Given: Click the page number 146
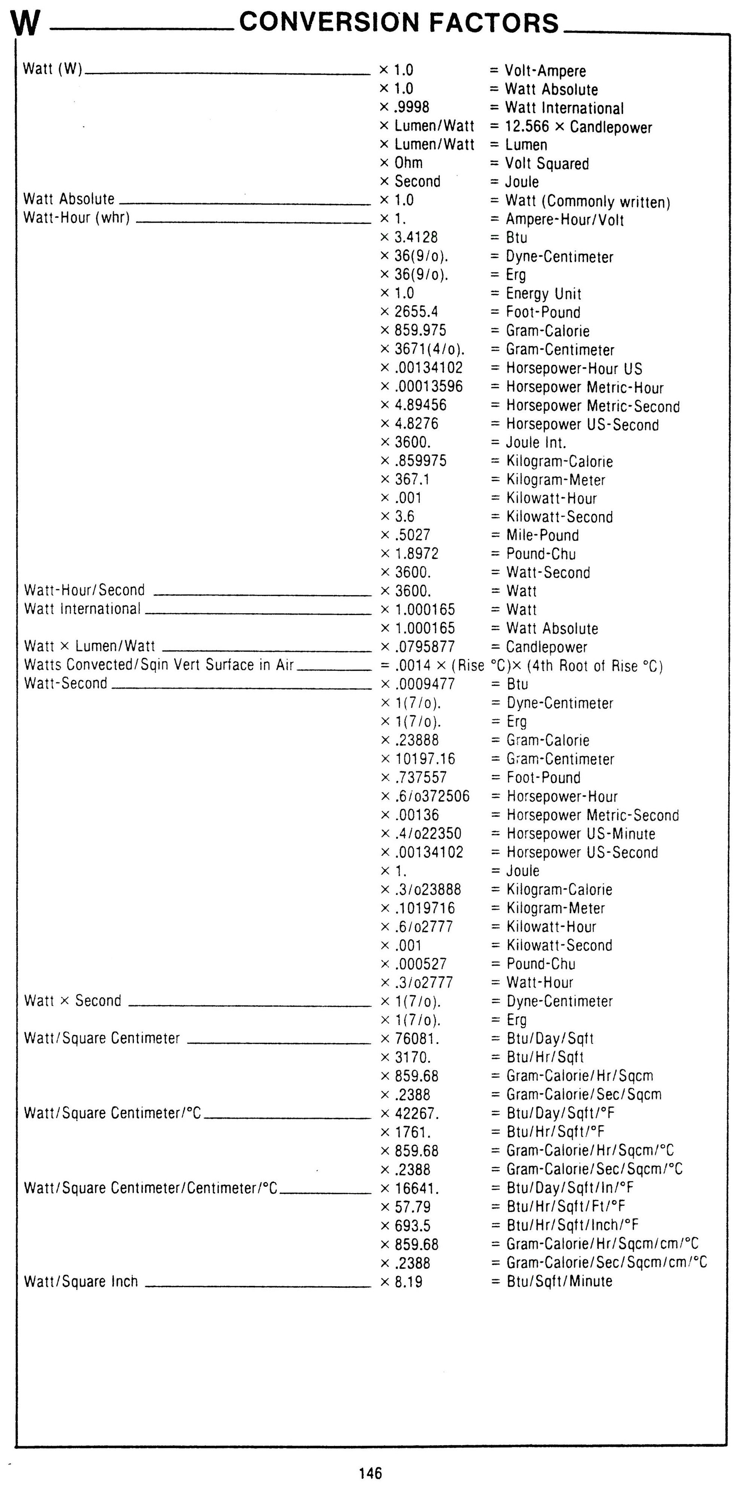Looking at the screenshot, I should coord(370,1473).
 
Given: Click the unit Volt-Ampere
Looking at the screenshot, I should coord(545,71).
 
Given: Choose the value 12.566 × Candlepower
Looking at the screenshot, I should coord(578,127).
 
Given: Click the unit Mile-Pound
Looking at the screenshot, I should coord(542,535).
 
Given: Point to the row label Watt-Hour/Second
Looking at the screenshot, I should coord(84,590).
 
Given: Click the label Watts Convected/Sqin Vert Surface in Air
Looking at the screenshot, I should coord(159,665).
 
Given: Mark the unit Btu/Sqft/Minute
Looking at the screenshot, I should coord(559,1281).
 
